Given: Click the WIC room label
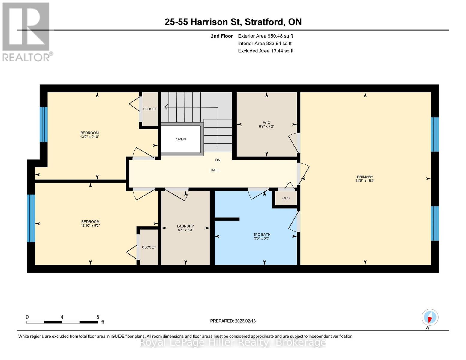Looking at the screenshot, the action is (266, 122).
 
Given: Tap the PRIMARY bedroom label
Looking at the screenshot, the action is (365, 177).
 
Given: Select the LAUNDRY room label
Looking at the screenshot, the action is (185, 226).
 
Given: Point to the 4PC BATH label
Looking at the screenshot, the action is (262, 235).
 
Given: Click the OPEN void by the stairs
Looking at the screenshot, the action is (181, 139).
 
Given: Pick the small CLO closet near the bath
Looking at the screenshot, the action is (286, 198).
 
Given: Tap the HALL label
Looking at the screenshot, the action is (215, 170).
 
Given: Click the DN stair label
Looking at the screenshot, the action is (218, 160).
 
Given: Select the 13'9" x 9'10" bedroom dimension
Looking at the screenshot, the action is (90, 136).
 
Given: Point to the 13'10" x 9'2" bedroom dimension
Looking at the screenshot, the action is (90, 226).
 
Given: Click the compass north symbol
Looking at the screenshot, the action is (430, 317).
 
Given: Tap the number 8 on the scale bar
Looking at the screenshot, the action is (98, 317).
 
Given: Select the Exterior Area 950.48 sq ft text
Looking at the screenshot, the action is (266, 36).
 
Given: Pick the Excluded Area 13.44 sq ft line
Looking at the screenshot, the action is (266, 51).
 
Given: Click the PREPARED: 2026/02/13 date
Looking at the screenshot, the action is (233, 321).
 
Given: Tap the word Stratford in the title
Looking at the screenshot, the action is (265, 22).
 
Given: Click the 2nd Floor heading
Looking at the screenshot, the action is (222, 36).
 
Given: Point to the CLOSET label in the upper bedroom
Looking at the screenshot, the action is (150, 109).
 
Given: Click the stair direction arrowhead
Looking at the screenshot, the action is (166, 107).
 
